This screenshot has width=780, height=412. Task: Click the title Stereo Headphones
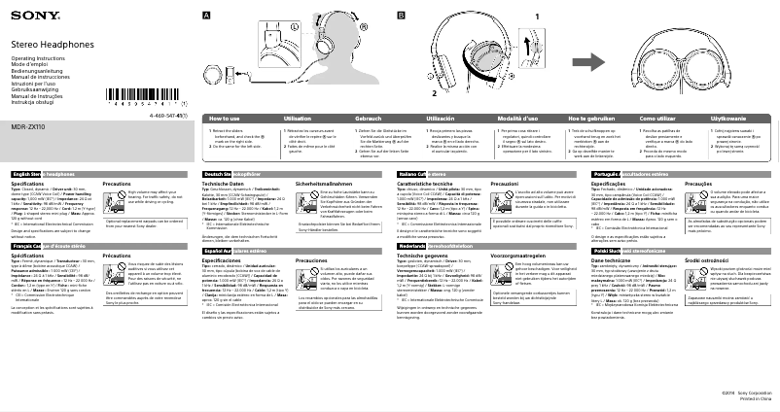[x=50, y=46]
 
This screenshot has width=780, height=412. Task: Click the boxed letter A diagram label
[x=206, y=17]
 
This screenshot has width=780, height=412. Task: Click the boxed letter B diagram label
[x=401, y=17]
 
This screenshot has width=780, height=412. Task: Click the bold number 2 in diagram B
[x=423, y=94]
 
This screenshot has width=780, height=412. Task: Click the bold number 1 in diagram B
[x=537, y=17]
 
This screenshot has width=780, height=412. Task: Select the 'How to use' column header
[x=225, y=117]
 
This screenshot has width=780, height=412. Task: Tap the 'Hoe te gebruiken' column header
[x=587, y=117]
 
